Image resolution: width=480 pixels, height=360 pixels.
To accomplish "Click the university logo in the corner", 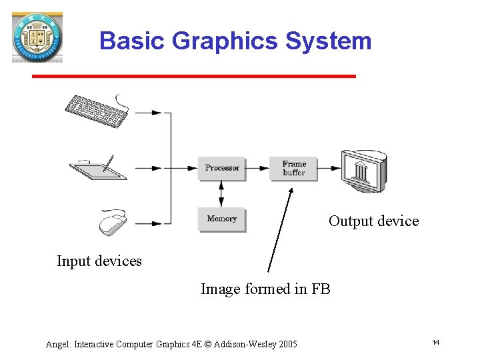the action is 37,37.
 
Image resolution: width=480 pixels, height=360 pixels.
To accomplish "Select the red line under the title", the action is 193,77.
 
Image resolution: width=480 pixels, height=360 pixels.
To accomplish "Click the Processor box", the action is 222,168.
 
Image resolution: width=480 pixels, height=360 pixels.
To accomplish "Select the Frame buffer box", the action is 293,168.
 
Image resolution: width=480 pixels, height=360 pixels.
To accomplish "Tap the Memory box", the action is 222,219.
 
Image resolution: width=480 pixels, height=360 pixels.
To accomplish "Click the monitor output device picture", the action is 363,171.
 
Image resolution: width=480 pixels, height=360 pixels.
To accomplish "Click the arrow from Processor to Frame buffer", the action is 257,168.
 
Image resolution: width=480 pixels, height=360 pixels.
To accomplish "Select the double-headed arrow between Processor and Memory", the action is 222,193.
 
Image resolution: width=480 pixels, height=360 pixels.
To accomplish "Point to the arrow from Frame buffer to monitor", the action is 328,168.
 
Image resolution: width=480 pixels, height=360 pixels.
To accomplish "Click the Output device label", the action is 373,221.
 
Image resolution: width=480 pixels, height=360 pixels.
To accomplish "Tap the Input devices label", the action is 99,261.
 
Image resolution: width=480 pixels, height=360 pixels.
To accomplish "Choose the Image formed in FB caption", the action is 265,289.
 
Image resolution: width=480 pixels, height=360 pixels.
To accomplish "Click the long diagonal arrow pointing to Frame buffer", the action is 280,230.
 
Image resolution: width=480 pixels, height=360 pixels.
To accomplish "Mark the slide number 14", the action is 435,342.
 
